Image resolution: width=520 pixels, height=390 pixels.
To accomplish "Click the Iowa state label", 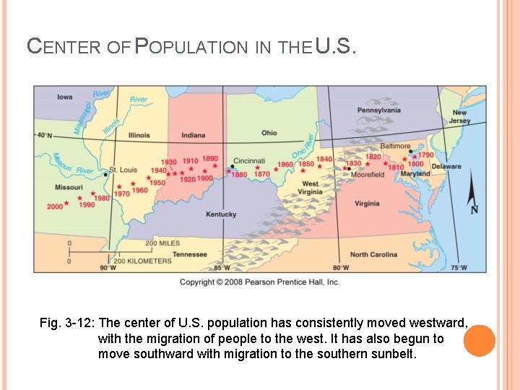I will coord(64,97).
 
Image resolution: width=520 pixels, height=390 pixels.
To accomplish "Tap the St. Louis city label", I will coord(123,170).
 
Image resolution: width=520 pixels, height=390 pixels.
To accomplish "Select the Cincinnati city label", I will coord(249,161).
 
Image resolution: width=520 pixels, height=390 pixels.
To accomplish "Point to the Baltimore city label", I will coord(395,146).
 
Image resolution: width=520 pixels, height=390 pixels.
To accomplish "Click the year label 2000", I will coord(55,206).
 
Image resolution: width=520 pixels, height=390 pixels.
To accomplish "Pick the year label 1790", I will coord(425,155).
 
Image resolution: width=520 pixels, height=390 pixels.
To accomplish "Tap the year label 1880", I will coord(239,174).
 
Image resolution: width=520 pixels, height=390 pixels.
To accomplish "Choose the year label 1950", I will coord(157,183).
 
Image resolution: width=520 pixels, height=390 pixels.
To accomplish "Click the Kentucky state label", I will coord(221,214).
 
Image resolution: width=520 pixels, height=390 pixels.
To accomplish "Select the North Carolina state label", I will coord(373,254).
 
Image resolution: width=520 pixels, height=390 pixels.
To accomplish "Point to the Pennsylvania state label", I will coord(379,110).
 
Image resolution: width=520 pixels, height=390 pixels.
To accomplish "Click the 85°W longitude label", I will coord(222,268).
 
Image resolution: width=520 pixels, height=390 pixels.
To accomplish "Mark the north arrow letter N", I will coord(474,209).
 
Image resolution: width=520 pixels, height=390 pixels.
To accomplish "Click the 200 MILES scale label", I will coord(162,243).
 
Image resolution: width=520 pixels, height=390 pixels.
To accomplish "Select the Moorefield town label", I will coord(368,175).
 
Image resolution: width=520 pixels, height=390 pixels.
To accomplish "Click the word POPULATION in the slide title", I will coord(191,47).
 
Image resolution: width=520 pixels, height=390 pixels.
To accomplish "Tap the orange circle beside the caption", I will coord(479,341).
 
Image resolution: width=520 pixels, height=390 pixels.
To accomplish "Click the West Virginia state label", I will coord(311,188).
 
